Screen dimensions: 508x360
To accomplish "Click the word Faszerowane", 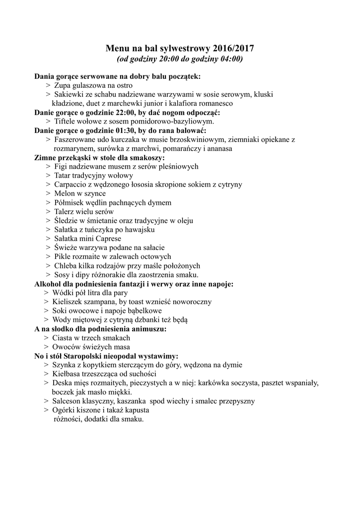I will [x=77, y=139].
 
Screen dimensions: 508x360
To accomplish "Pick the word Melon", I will [x=65, y=193].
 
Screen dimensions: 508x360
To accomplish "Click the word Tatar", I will [x=64, y=176].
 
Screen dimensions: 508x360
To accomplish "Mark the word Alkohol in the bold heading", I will [x=48, y=284].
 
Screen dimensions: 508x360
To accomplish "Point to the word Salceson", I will [x=69, y=401].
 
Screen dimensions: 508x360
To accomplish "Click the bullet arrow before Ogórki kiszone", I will [x=47, y=410].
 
